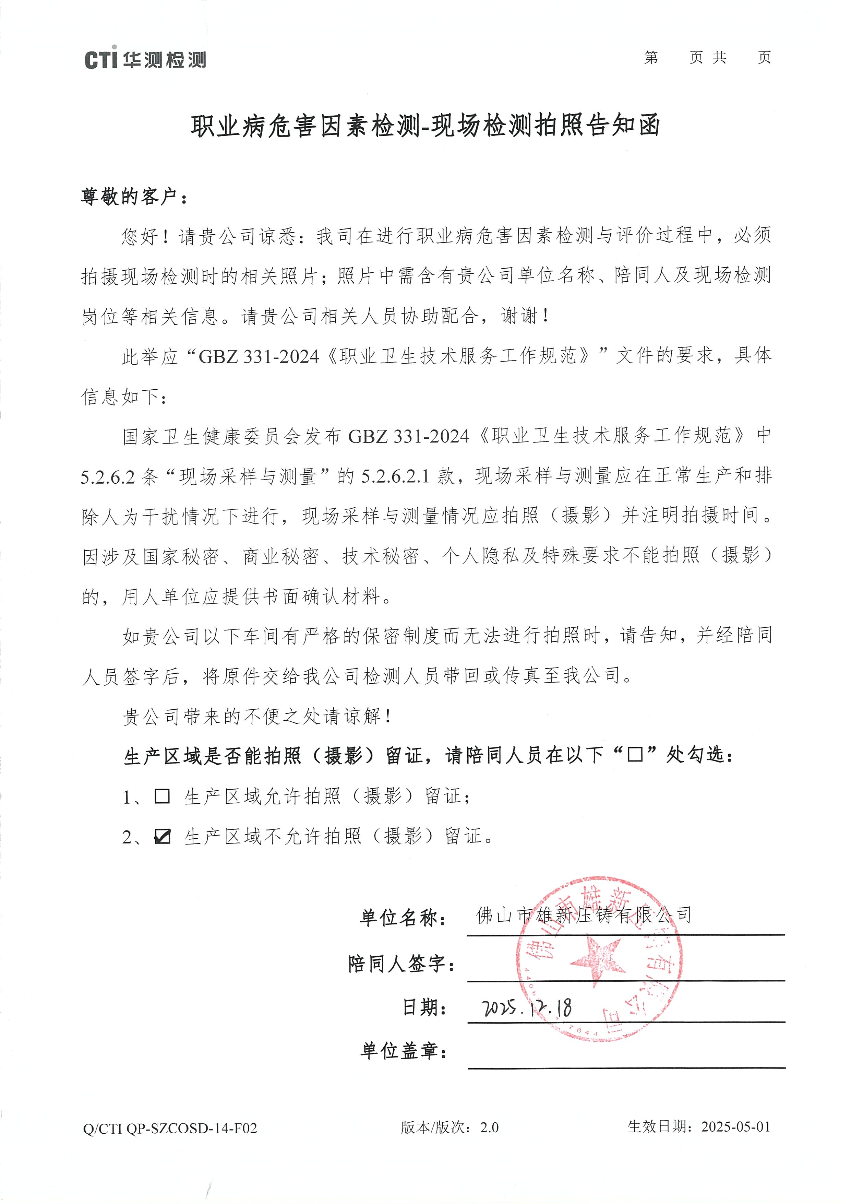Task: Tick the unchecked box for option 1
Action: point(163,796)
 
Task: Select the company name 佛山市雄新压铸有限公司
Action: point(583,916)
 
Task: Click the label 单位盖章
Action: point(404,1050)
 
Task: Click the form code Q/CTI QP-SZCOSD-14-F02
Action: point(170,1143)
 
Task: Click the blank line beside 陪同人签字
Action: point(626,970)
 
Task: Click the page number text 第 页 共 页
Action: point(707,58)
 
